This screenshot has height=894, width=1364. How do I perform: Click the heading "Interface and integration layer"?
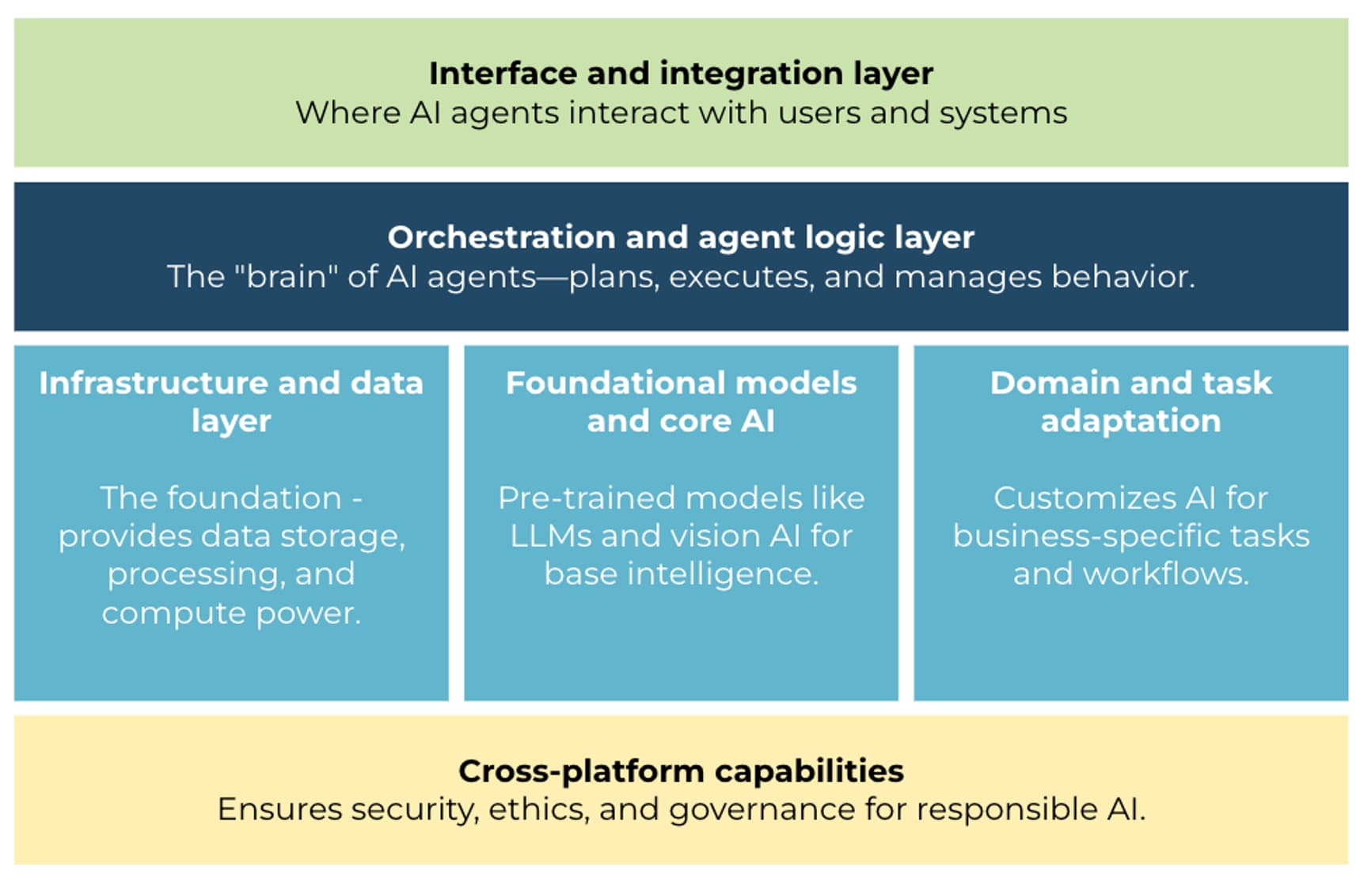click(x=681, y=74)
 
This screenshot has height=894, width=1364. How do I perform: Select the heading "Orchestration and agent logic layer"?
click(x=681, y=237)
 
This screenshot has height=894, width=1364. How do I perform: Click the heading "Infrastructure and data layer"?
click(x=231, y=401)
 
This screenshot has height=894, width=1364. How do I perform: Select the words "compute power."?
click(x=231, y=613)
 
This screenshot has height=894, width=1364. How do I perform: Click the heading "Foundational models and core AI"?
click(x=681, y=401)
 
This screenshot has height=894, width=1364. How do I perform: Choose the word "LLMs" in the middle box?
click(x=551, y=536)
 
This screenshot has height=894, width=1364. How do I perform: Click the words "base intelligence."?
click(x=681, y=574)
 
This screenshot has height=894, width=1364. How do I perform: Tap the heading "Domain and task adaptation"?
click(x=1130, y=401)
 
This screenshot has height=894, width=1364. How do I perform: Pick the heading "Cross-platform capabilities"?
click(x=681, y=771)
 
